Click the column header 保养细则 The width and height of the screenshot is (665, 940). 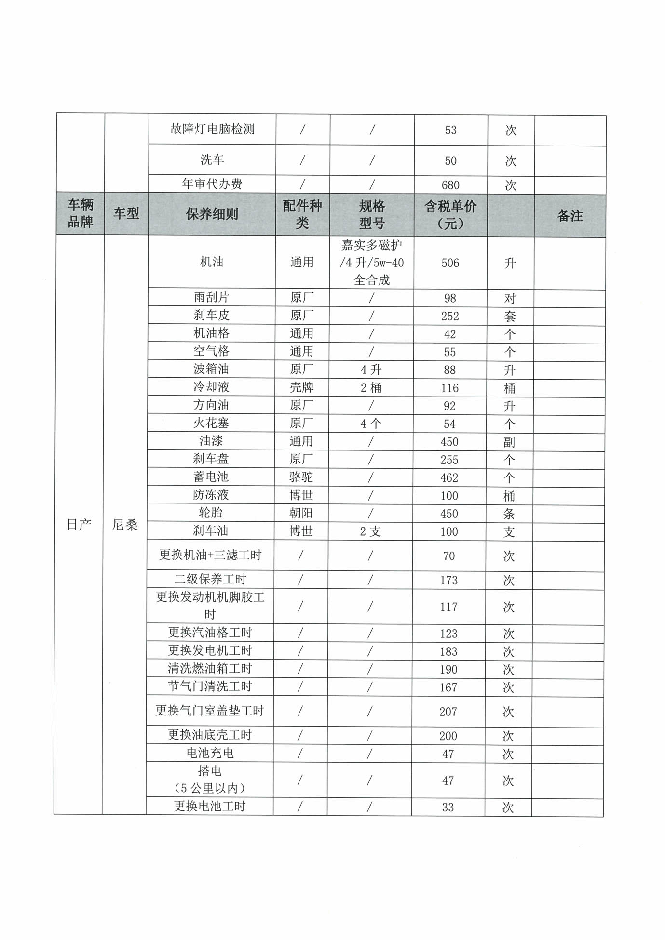(x=212, y=214)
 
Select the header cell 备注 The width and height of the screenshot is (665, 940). (x=570, y=216)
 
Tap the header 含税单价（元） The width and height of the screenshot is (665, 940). (x=450, y=215)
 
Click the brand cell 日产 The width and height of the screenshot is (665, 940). (x=79, y=525)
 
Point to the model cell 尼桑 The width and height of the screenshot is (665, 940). (x=125, y=525)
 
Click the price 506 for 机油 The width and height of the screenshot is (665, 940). (x=450, y=263)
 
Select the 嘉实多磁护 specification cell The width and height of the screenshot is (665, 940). (x=372, y=263)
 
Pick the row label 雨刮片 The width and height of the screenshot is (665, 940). (x=212, y=298)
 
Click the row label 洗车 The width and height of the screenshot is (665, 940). (x=212, y=160)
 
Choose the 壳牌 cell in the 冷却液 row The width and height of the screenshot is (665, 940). (x=301, y=387)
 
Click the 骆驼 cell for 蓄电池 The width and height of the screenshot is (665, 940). (x=301, y=477)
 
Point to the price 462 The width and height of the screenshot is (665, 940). (x=449, y=478)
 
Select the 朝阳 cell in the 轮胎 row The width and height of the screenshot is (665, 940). (x=301, y=513)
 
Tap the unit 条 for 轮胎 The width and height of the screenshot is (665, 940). (x=509, y=514)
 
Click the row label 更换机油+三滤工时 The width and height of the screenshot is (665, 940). (x=210, y=555)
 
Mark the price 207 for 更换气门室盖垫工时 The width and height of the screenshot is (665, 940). (x=448, y=712)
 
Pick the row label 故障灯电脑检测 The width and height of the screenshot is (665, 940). (x=212, y=129)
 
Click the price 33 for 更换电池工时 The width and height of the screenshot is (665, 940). (x=448, y=807)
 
